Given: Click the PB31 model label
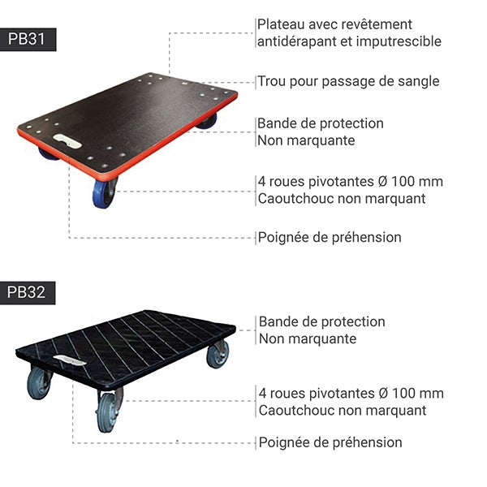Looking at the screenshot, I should point(28,39).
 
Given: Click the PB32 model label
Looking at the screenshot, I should point(28,293).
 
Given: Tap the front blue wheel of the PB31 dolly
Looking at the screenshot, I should point(104,193).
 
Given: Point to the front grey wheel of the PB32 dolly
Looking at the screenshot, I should point(107,411).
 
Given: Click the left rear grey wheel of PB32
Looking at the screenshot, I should point(38,382).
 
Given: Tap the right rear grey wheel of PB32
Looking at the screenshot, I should point(217,354).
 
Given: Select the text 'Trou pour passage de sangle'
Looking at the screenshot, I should point(348,81).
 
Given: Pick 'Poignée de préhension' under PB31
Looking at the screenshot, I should point(329,237).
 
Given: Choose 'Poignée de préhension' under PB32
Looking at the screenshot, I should point(330,442).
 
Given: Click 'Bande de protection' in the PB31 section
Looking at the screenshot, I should point(321,123).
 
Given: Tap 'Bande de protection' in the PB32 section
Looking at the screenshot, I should point(321,321).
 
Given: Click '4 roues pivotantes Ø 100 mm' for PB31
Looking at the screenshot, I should point(350,182).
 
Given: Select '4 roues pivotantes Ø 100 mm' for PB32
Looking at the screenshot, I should point(351,394).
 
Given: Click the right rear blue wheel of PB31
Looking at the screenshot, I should point(207,121).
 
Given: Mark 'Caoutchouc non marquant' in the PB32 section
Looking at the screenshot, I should point(342,411).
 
